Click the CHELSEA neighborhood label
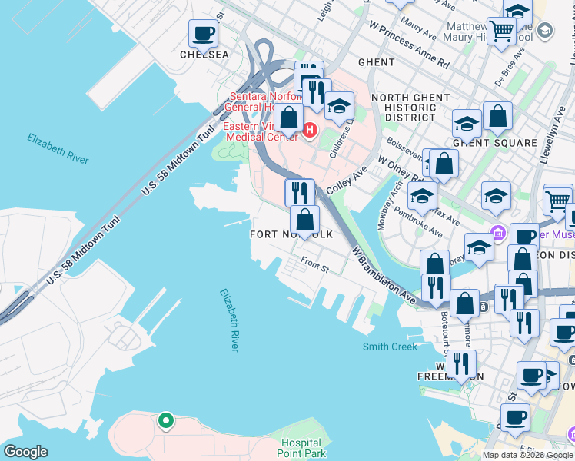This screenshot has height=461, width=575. (x=204, y=55)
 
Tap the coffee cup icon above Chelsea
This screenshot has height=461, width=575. (x=204, y=34)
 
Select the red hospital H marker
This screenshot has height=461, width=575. (x=310, y=130)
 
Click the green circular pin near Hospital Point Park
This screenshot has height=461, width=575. (x=165, y=420)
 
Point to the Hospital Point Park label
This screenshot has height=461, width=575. (x=301, y=448)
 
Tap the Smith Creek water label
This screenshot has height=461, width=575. (x=390, y=347)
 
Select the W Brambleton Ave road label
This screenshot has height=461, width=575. (x=384, y=275)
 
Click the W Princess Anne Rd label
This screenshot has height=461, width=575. (x=408, y=45)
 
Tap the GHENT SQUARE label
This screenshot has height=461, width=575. (x=494, y=143)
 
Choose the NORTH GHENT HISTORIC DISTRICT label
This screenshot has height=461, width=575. (x=410, y=108)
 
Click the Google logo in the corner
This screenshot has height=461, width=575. (x=25, y=452)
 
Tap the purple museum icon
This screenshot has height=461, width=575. (x=497, y=231)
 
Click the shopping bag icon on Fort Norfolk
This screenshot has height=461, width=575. (x=305, y=219)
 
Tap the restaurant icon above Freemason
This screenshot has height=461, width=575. (x=460, y=363)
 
